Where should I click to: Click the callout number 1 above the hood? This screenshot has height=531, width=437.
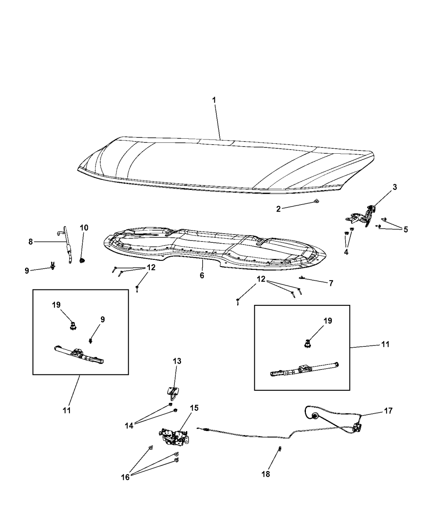214,100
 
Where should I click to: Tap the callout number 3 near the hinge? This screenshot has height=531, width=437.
395,187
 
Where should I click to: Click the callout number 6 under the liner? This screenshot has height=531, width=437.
202,276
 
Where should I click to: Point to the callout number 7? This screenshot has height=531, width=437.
331,283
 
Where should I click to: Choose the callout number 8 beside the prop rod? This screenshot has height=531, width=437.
31,242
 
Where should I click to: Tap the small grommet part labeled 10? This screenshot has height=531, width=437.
82,261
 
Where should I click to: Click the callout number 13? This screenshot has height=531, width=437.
177,361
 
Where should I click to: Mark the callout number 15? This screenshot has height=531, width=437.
194,408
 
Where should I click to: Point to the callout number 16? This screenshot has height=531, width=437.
125,477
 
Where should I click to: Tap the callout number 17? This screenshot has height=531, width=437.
388,411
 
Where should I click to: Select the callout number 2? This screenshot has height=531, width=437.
279,209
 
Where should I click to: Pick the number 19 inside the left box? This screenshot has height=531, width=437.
56,305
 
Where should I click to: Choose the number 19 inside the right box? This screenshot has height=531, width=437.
328,321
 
